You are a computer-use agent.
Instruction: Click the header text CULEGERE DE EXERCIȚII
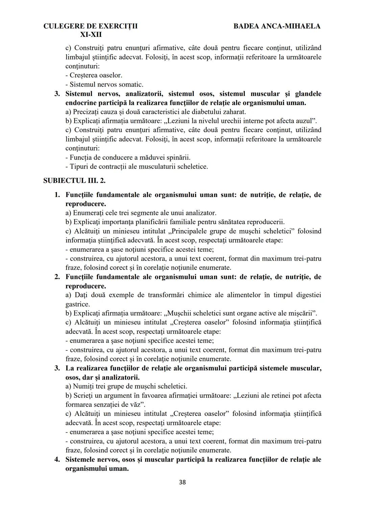click(x=91, y=26)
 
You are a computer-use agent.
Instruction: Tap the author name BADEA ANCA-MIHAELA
click(x=277, y=26)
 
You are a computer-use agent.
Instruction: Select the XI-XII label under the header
click(x=91, y=34)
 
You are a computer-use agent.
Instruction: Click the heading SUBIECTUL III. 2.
click(x=74, y=180)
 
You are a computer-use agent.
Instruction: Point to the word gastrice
click(x=77, y=304)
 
